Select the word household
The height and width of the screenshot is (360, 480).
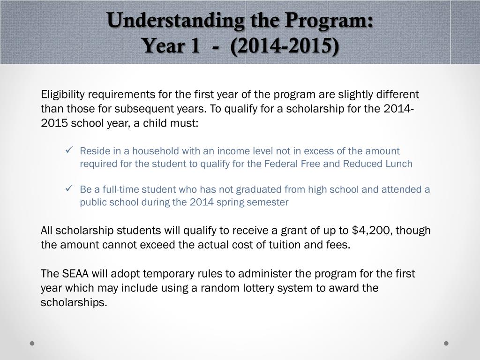coord(150,151)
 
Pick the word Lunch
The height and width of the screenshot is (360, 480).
coord(399,164)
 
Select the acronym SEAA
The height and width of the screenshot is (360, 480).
coord(74,273)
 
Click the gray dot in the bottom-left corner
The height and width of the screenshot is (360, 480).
coord(32,343)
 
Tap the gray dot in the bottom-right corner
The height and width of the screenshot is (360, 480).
coord(446,343)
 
